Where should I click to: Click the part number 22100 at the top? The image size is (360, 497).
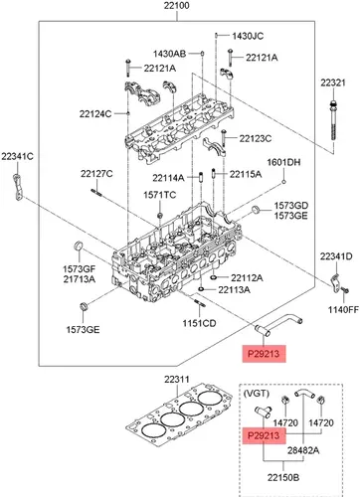click(x=177, y=6)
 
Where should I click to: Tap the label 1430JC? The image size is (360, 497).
click(x=248, y=36)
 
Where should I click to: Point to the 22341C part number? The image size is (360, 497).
click(x=17, y=156)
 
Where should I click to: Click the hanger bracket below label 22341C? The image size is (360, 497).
click(x=17, y=187)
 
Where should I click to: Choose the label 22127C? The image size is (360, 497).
click(x=96, y=174)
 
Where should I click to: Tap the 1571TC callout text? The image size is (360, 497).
click(x=160, y=195)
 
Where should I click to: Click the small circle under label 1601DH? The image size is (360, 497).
click(x=284, y=182)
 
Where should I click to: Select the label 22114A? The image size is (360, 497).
click(x=168, y=178)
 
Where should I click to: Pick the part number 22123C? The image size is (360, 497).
click(x=256, y=138)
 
